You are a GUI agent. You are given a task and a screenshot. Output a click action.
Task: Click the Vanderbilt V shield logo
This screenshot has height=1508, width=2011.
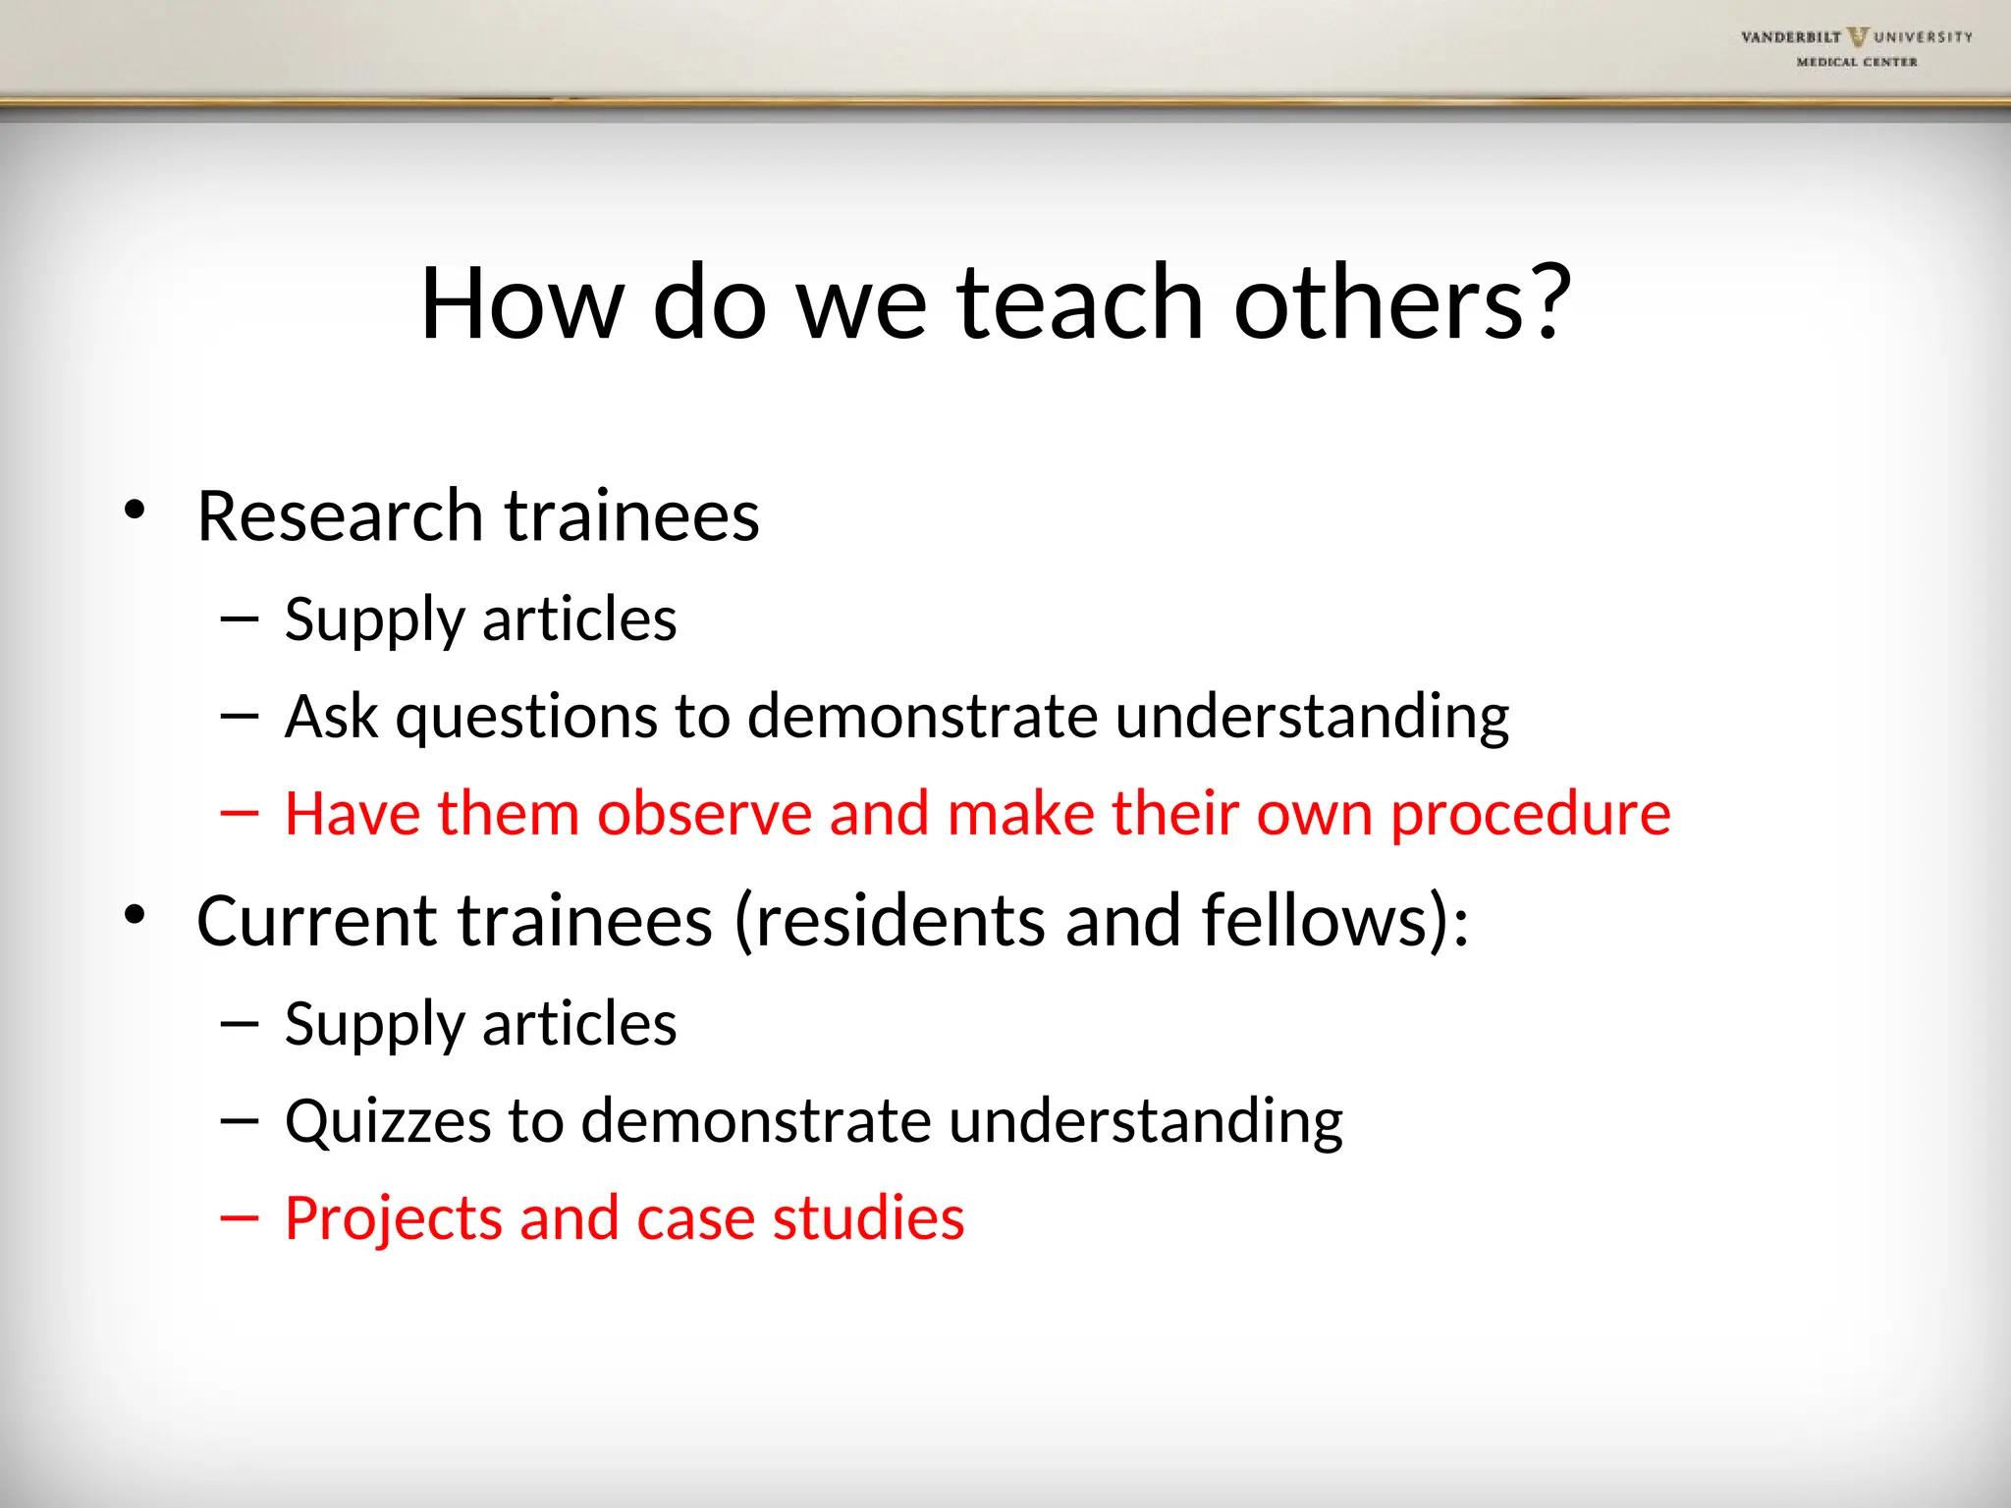(1857, 37)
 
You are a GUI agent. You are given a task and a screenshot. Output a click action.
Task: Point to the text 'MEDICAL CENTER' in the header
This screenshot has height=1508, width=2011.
(1856, 62)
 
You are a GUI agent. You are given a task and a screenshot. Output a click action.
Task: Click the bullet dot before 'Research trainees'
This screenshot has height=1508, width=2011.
(135, 510)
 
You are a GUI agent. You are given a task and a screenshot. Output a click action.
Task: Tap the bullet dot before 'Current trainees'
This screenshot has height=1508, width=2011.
(135, 915)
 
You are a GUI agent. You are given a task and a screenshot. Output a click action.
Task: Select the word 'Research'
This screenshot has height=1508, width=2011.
(340, 515)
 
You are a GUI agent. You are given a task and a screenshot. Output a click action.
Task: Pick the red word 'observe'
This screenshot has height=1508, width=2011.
(704, 814)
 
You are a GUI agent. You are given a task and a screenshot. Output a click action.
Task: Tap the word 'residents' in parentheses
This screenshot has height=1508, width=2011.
(900, 921)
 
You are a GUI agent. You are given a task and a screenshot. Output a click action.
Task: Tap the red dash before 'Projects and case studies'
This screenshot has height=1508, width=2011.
(240, 1218)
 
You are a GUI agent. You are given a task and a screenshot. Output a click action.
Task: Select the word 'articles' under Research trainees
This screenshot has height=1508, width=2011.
(579, 619)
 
